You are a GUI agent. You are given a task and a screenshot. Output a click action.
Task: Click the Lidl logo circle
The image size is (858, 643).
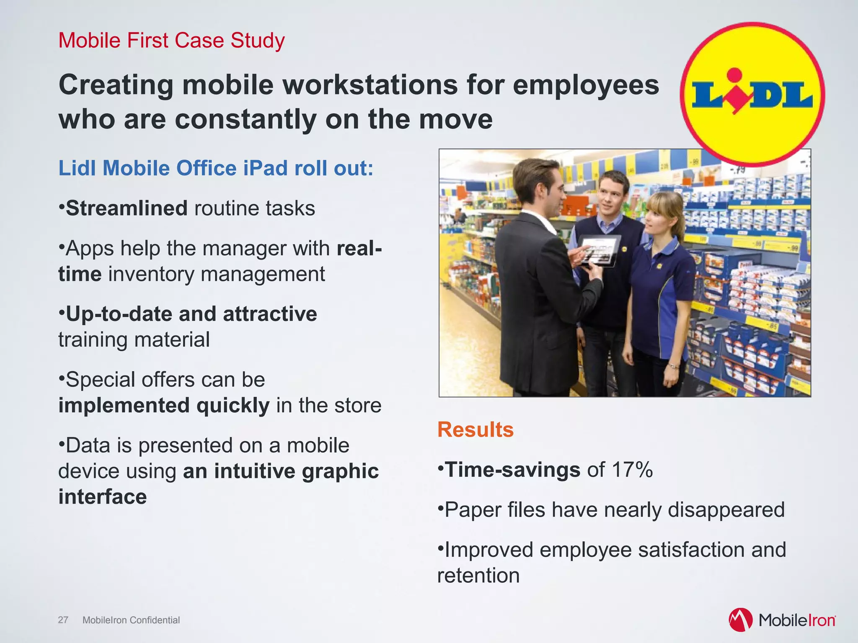(752, 95)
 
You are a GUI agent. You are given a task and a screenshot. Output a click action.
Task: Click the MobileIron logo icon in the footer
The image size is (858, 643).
(740, 620)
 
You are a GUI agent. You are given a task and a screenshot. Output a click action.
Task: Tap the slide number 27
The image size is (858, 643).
(63, 620)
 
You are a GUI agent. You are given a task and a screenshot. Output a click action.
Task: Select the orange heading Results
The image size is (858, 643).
(476, 430)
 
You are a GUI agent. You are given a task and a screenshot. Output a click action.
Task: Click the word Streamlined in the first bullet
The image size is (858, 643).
(127, 208)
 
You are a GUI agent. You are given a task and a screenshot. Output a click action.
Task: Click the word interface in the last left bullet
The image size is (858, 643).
(103, 497)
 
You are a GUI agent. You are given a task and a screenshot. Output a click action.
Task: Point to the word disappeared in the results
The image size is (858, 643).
(726, 510)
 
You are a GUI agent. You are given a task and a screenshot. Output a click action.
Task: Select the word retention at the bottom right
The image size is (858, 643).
(478, 576)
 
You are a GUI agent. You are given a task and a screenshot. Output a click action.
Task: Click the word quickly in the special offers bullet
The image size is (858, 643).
(233, 406)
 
